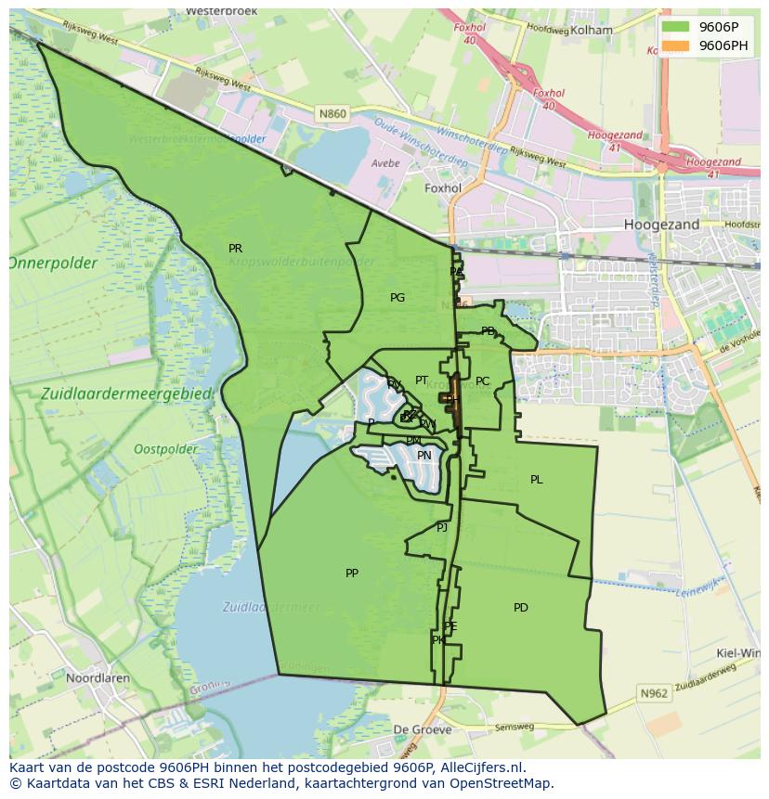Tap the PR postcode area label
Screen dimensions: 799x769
[235, 249]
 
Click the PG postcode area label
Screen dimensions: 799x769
[398, 298]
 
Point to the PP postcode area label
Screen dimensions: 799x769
[352, 573]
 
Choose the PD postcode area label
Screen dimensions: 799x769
[521, 608]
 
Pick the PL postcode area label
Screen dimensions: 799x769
[537, 480]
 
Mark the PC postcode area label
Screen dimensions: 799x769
[482, 381]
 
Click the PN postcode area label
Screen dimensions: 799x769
[424, 456]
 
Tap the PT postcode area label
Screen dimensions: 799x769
[422, 380]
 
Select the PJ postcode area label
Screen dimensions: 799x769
[442, 527]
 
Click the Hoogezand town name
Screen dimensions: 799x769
[661, 225]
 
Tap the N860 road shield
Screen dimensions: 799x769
[332, 114]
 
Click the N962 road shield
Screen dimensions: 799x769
[654, 693]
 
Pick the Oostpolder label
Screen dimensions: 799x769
[165, 449]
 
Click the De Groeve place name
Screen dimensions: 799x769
[422, 729]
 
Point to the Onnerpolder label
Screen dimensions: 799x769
[53, 264]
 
